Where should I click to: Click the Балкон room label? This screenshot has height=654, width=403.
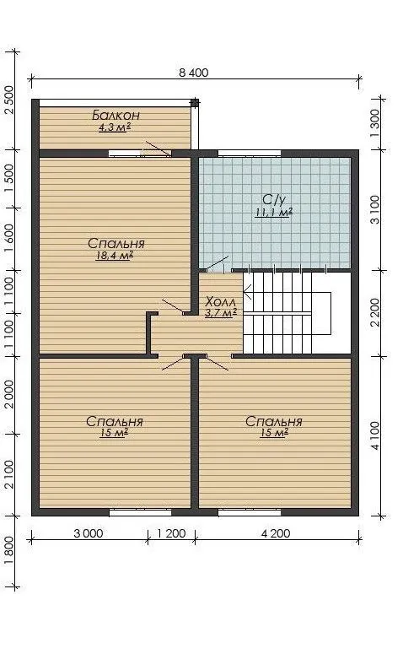[x=116, y=115]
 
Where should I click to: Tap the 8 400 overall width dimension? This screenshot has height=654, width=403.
[x=193, y=73]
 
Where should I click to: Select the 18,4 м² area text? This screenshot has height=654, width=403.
[x=114, y=255]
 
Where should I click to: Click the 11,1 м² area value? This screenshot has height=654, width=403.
[x=273, y=213]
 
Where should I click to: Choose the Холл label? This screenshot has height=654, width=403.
[x=221, y=301]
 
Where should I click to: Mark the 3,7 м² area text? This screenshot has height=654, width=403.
[x=221, y=313]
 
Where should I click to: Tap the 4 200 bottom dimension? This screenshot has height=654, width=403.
[x=276, y=533]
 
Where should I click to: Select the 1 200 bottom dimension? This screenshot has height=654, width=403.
[x=171, y=533]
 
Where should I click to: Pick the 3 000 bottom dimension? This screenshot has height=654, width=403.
[x=89, y=533]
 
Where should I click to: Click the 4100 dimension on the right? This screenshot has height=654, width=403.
[x=374, y=436]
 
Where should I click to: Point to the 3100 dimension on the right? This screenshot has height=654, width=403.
[x=374, y=210]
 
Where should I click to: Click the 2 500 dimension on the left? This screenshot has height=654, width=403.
[x=8, y=100]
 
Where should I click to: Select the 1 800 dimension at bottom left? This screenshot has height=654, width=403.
[x=8, y=550]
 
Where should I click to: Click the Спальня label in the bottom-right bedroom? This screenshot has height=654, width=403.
[x=274, y=421]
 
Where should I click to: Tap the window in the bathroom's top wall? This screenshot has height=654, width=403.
[x=250, y=153]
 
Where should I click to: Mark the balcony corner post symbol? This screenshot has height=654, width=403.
[x=195, y=103]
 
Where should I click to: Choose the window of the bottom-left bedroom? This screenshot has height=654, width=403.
[x=141, y=512]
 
